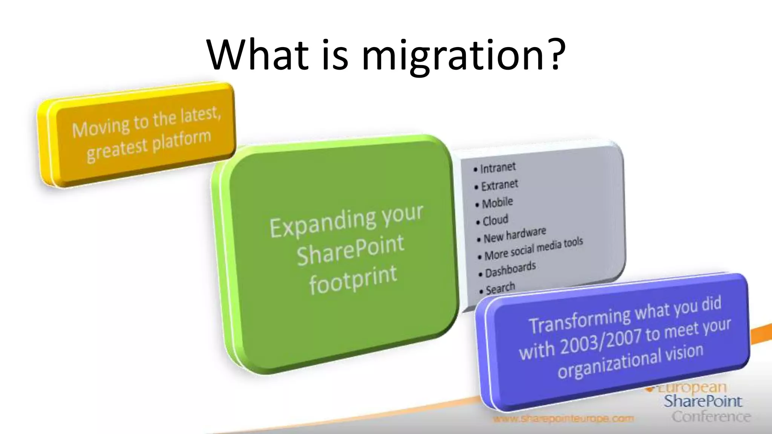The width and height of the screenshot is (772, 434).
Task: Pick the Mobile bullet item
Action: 497,203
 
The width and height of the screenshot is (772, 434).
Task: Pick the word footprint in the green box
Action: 353,280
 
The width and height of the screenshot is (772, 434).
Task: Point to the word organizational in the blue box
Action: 609,364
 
